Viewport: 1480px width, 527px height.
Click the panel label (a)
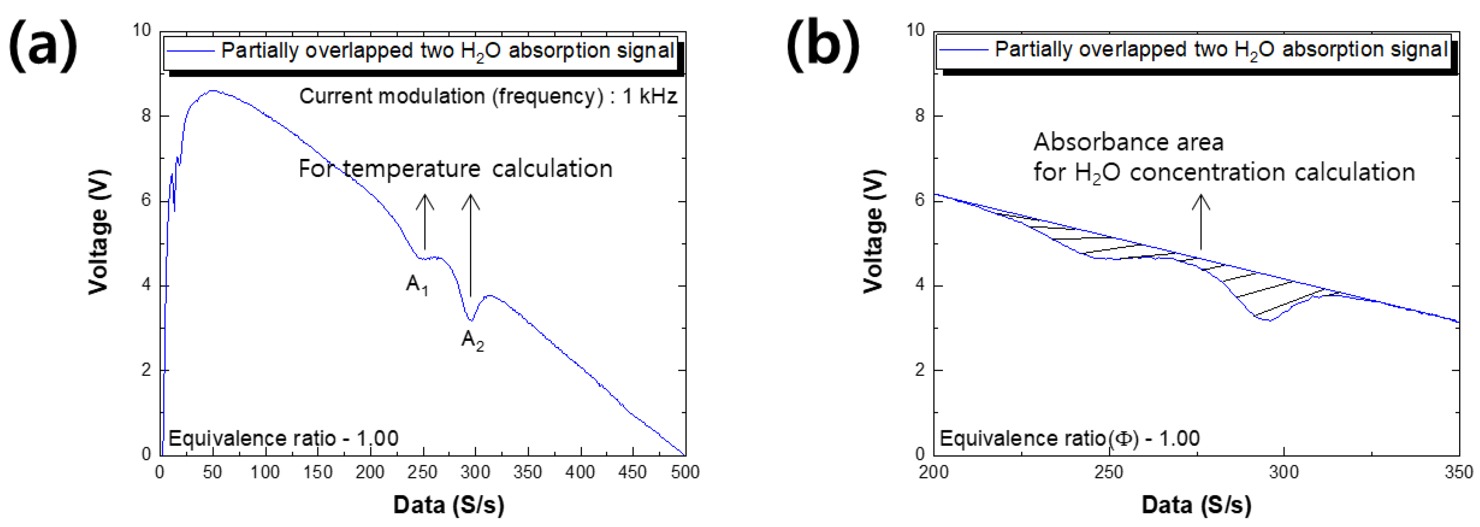(43, 45)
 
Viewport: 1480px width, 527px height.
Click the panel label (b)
(823, 45)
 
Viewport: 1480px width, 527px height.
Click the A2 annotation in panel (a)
(472, 341)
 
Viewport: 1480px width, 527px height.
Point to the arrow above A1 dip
(425, 221)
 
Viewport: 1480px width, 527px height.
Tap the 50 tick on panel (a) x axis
(213, 473)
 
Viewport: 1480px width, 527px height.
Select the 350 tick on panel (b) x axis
(1458, 473)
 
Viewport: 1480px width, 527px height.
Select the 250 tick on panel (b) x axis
(1108, 473)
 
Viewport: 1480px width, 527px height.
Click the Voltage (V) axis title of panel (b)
(873, 231)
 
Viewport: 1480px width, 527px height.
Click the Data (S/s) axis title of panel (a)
(449, 505)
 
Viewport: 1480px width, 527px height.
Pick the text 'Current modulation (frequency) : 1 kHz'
(488, 96)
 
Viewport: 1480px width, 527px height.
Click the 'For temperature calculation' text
(455, 169)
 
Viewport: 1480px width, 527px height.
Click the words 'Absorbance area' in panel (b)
(1128, 142)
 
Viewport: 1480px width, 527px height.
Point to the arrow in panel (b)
(1200, 221)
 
